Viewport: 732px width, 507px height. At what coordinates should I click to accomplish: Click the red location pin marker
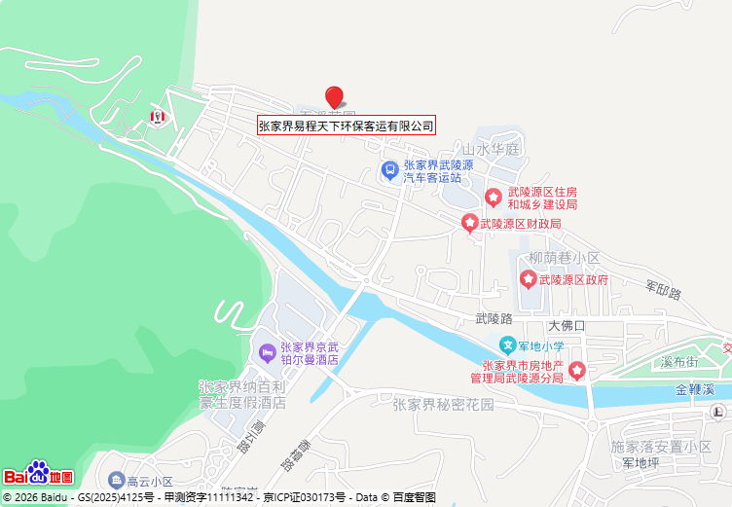pos(334,96)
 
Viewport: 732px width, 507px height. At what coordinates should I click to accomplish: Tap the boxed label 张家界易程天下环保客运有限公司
pos(346,126)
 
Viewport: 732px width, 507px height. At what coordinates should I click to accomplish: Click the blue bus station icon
pos(389,170)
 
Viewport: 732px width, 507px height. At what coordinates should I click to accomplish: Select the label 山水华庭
pos(493,150)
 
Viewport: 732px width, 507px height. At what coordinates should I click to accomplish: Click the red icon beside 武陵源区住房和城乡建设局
pos(494,198)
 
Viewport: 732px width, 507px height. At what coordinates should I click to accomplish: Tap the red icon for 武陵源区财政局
pos(470,225)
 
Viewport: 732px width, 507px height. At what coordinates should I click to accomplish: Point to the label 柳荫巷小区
pos(565,258)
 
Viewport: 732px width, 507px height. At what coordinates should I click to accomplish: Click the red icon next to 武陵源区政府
pos(529,280)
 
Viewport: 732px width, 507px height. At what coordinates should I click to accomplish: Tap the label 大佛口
pos(566,325)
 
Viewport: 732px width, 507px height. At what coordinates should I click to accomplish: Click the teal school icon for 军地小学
pos(507,345)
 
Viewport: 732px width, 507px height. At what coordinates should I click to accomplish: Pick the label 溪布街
pos(678,362)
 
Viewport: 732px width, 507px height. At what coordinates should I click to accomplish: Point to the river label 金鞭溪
pos(695,389)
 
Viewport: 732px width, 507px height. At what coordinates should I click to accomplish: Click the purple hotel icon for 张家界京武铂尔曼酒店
pos(266,351)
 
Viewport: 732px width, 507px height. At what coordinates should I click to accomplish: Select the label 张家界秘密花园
pos(443,404)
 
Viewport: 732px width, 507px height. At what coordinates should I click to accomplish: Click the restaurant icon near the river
pos(156,117)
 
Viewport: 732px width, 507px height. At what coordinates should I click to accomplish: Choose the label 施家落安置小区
pos(661,446)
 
